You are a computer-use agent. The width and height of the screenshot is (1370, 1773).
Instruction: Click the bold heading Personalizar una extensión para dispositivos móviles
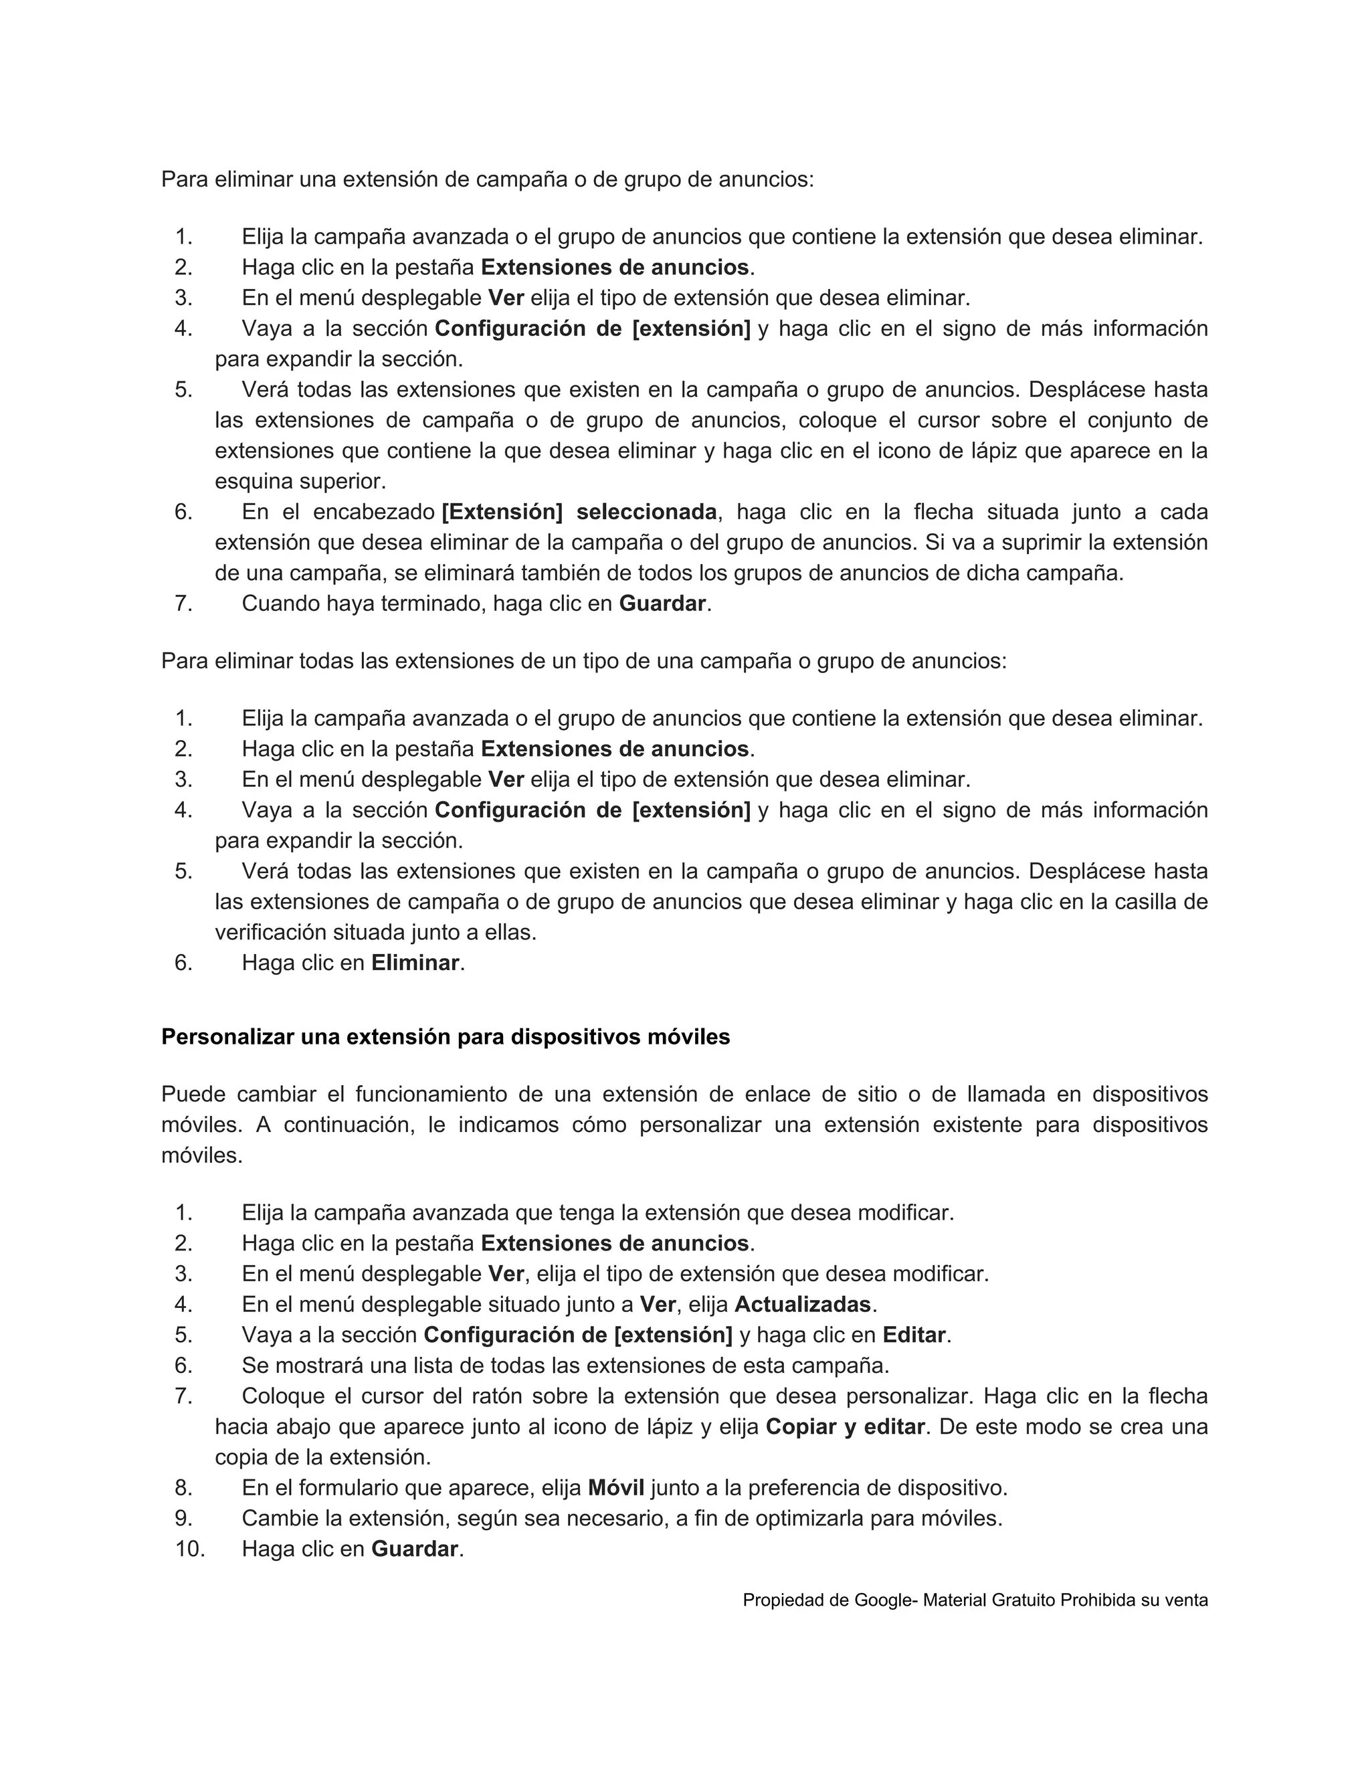tap(446, 1036)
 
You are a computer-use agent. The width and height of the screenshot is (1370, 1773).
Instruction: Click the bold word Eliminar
tap(415, 963)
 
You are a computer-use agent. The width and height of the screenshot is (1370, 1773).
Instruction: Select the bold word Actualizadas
tap(802, 1304)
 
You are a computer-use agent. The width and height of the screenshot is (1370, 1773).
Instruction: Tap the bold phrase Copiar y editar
tap(845, 1426)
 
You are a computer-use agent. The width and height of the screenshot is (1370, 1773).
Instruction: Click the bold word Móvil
tap(616, 1487)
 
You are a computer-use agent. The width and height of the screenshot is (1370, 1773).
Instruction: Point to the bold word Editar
tap(914, 1335)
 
